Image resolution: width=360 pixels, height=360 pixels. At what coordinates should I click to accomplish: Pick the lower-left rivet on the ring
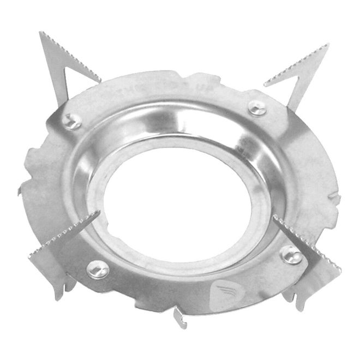coord(98,268)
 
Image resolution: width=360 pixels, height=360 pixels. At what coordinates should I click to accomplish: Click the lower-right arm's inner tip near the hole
coord(274,217)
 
